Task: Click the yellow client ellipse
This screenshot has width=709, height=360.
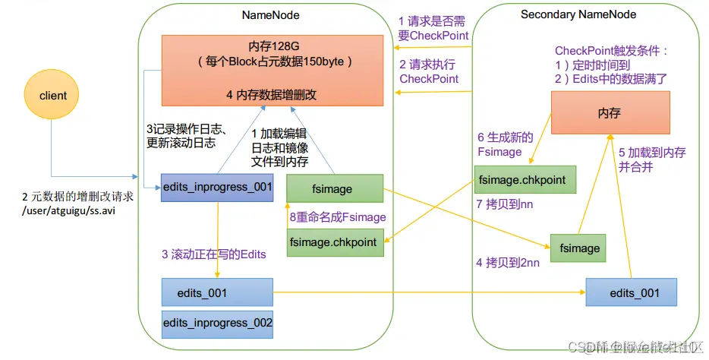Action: pos(53,96)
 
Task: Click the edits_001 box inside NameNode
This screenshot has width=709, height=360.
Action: pos(217,292)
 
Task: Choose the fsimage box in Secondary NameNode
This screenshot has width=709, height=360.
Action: pos(580,248)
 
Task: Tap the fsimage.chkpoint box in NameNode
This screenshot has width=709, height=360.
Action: pos(334,242)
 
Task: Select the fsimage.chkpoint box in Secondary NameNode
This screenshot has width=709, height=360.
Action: pos(524,179)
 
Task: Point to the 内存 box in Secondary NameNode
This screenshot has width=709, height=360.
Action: pos(610,112)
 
